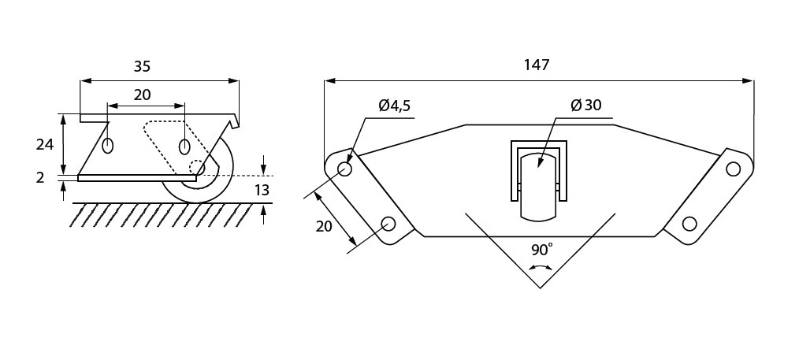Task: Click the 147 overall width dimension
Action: [537, 65]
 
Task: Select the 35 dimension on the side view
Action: [142, 66]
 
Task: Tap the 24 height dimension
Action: [45, 145]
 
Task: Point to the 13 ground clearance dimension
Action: [262, 191]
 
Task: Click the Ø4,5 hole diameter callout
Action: [395, 106]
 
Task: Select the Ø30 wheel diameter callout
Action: [586, 106]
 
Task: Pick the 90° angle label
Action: [541, 250]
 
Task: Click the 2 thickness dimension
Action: [41, 178]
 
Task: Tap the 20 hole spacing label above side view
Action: [142, 95]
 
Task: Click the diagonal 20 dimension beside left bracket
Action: [324, 225]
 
